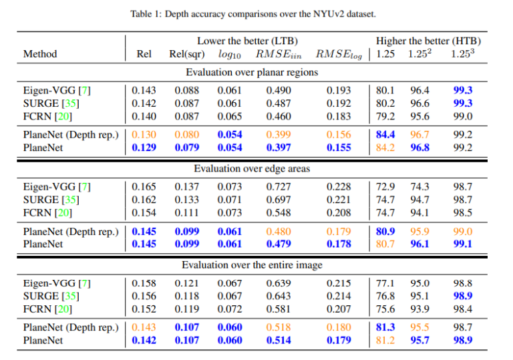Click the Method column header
[40, 54]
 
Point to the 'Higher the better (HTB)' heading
[428, 41]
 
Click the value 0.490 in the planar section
[279, 90]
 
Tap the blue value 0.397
[279, 147]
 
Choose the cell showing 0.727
[279, 186]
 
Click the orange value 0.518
[279, 327]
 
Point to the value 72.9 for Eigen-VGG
[385, 186]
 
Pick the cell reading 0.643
[279, 296]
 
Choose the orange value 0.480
[279, 231]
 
